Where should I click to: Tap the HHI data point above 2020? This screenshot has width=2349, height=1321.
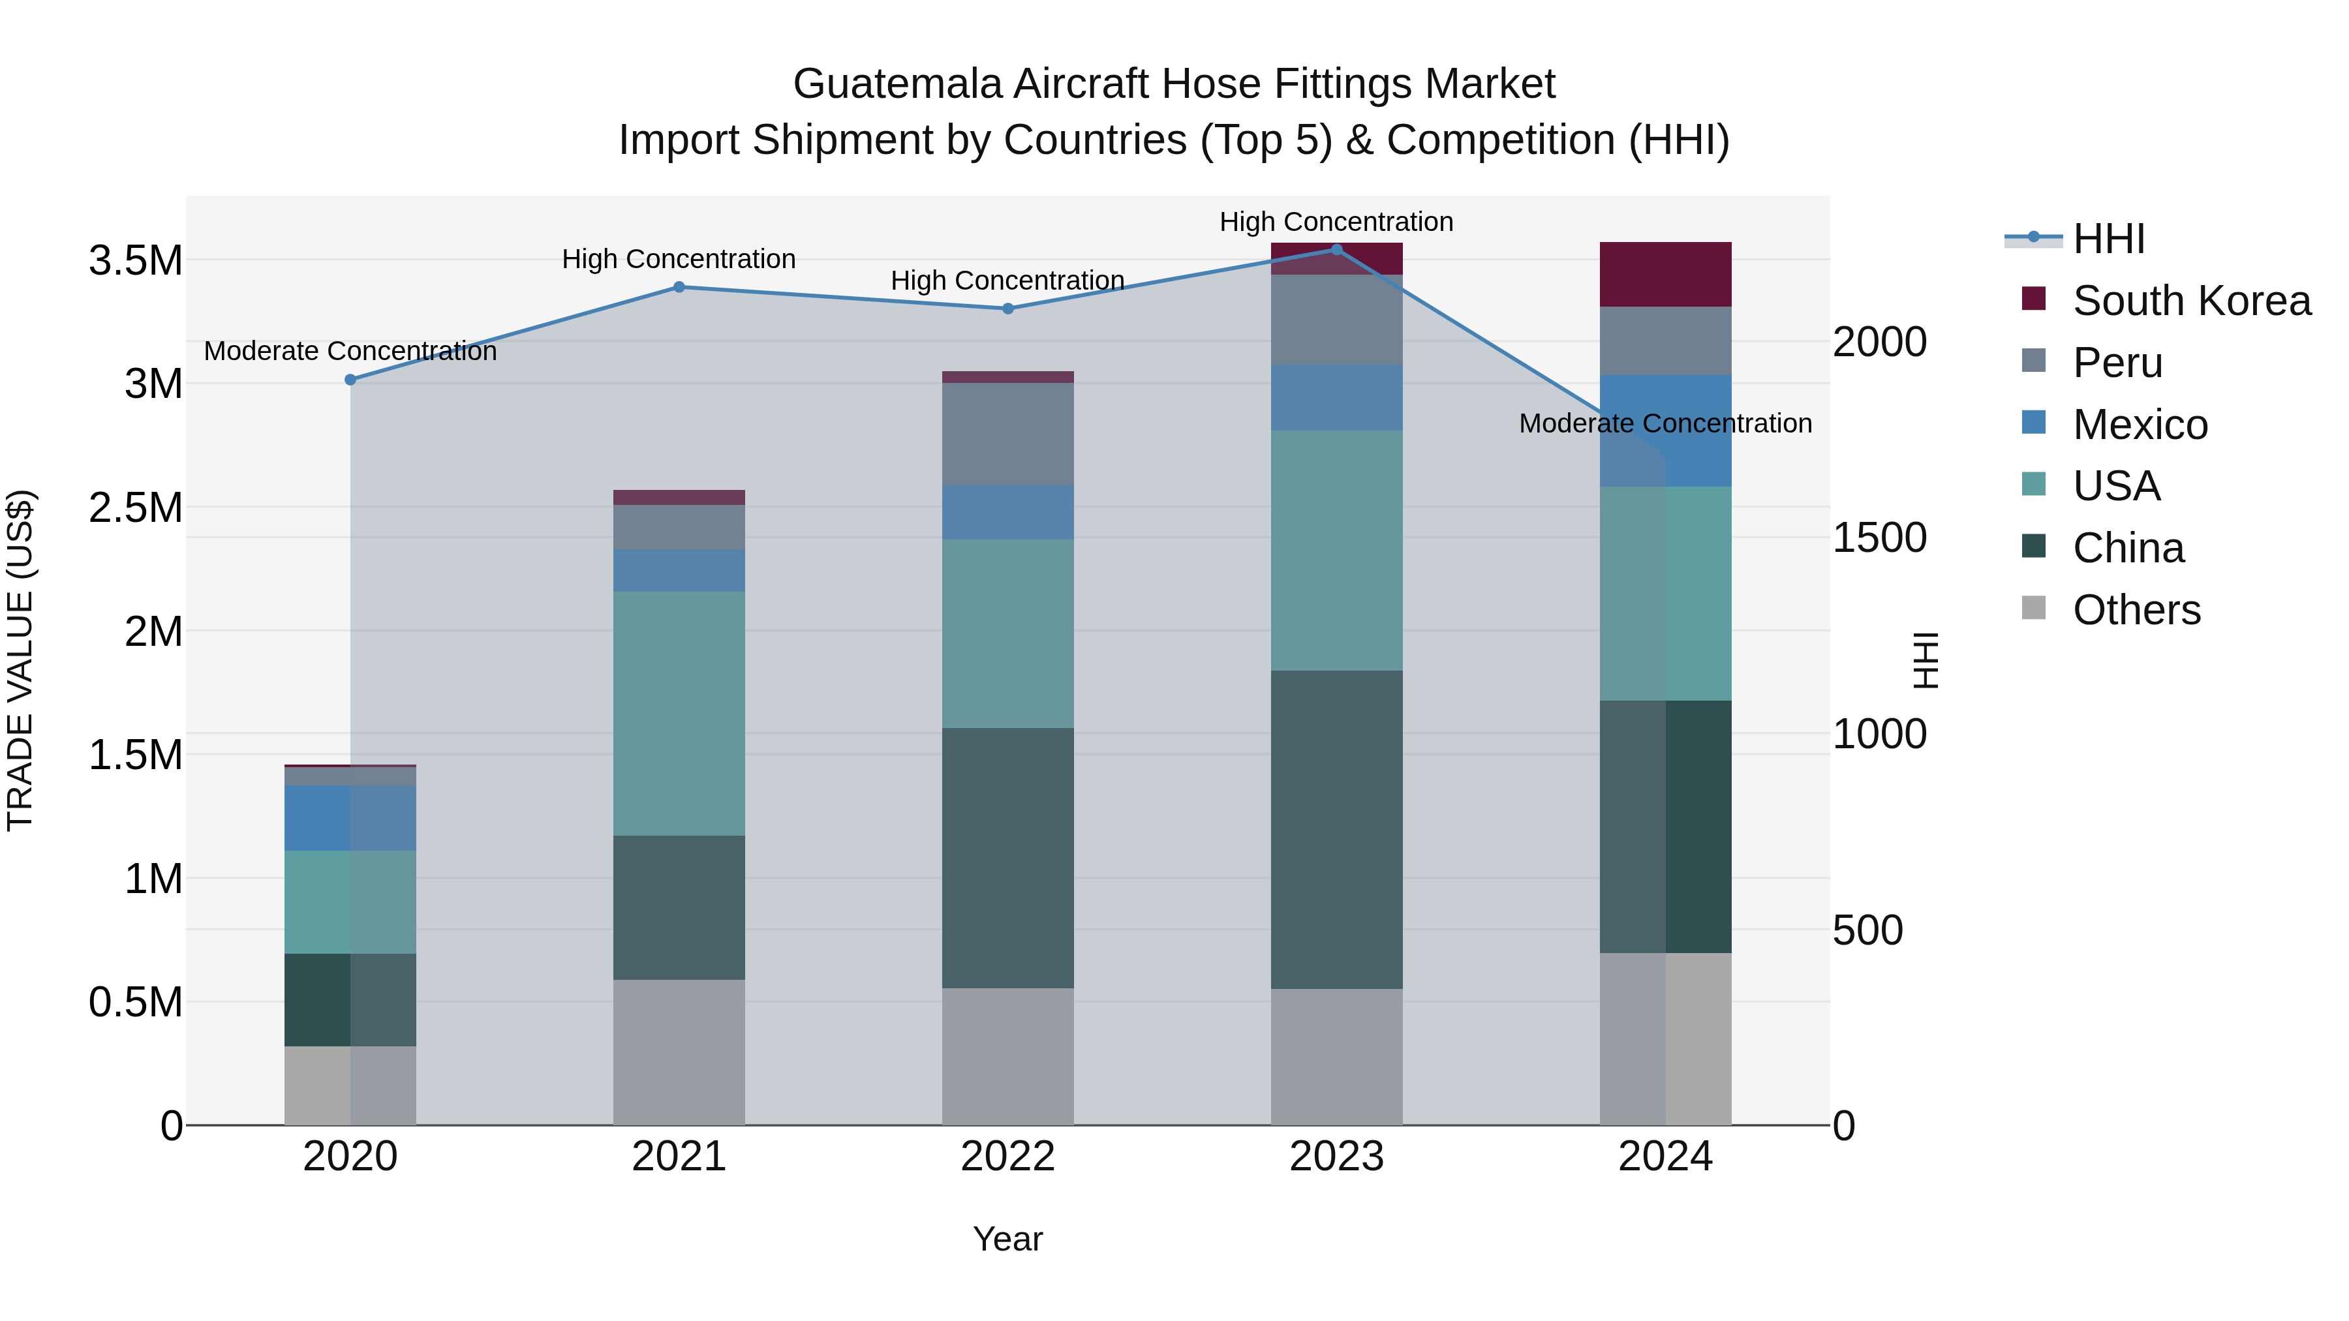[350, 379]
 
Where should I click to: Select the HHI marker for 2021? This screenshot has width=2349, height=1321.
[679, 287]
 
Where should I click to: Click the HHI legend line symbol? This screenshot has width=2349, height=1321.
[2033, 238]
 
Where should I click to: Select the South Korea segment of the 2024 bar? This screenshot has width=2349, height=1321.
[1665, 275]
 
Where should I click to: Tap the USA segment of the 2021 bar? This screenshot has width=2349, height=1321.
[679, 713]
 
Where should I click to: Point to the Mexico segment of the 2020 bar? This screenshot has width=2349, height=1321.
[350, 818]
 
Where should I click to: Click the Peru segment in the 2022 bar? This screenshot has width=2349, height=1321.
[1007, 433]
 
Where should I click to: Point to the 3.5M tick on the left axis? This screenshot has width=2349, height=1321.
[136, 262]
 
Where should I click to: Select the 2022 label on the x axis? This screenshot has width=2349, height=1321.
[1007, 1157]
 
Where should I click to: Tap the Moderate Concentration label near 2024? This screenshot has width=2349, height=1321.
[1665, 424]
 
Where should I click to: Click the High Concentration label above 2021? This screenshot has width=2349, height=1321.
[679, 260]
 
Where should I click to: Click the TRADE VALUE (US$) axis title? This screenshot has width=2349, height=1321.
[20, 660]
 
